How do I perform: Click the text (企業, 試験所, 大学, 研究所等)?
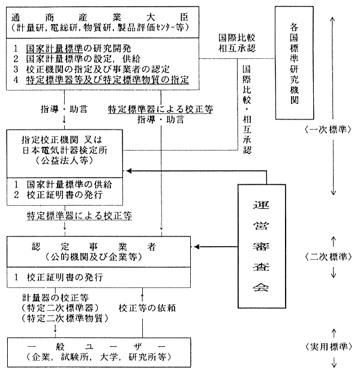click(x=99, y=358)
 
